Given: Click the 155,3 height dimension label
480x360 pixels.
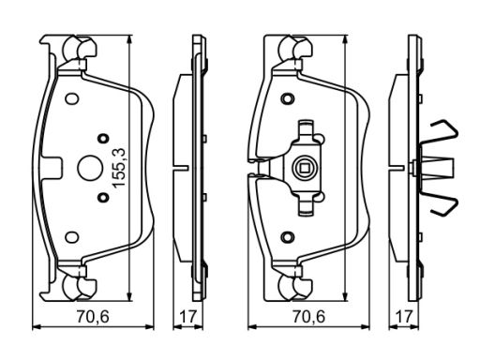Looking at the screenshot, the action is click(x=119, y=168).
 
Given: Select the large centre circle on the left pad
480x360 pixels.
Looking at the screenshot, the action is click(x=89, y=168).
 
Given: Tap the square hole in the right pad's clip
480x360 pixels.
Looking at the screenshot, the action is click(x=304, y=168).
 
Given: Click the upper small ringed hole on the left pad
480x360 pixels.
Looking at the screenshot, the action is click(x=103, y=138).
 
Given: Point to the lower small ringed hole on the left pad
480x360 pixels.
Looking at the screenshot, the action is click(x=103, y=198).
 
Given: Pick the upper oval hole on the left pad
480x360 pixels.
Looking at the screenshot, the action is click(x=72, y=98).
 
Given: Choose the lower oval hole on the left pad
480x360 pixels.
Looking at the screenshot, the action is click(x=72, y=237).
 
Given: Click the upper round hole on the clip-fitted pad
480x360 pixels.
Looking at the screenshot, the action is click(x=288, y=98).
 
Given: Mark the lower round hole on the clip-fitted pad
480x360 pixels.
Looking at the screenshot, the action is click(x=288, y=237).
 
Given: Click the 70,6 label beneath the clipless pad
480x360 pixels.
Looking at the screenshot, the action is click(x=93, y=317).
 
